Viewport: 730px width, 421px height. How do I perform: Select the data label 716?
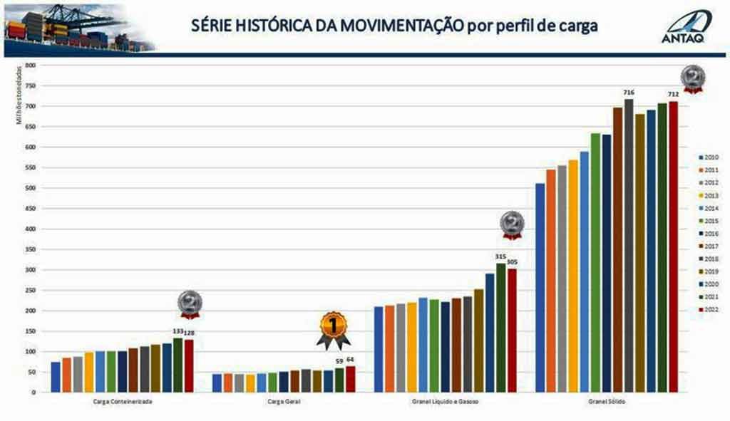(628, 92)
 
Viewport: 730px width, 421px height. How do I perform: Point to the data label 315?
(500, 256)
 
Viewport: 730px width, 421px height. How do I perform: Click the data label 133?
(178, 331)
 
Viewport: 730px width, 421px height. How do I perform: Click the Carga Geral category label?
(284, 402)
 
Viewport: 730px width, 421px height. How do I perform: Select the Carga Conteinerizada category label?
(123, 402)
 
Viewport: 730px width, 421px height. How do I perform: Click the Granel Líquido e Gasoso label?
(446, 402)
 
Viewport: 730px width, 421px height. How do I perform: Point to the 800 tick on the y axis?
(30, 66)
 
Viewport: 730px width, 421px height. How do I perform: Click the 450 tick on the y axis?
(30, 209)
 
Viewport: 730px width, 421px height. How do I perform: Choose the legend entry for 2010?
(709, 157)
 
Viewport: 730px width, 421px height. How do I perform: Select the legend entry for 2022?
(709, 310)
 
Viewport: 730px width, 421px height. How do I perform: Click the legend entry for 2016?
(709, 234)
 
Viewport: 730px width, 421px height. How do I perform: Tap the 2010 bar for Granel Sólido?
(540, 288)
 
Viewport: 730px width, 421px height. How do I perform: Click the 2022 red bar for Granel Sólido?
(673, 246)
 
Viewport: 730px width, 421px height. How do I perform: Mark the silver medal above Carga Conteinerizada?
(190, 303)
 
